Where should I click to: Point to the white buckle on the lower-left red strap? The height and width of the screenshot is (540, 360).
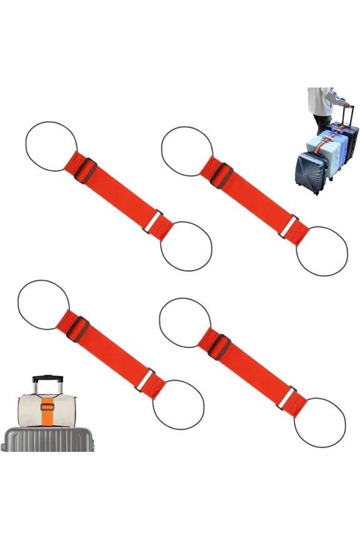pos(146,377)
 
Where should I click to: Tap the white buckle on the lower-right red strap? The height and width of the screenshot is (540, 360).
pos(287,396)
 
